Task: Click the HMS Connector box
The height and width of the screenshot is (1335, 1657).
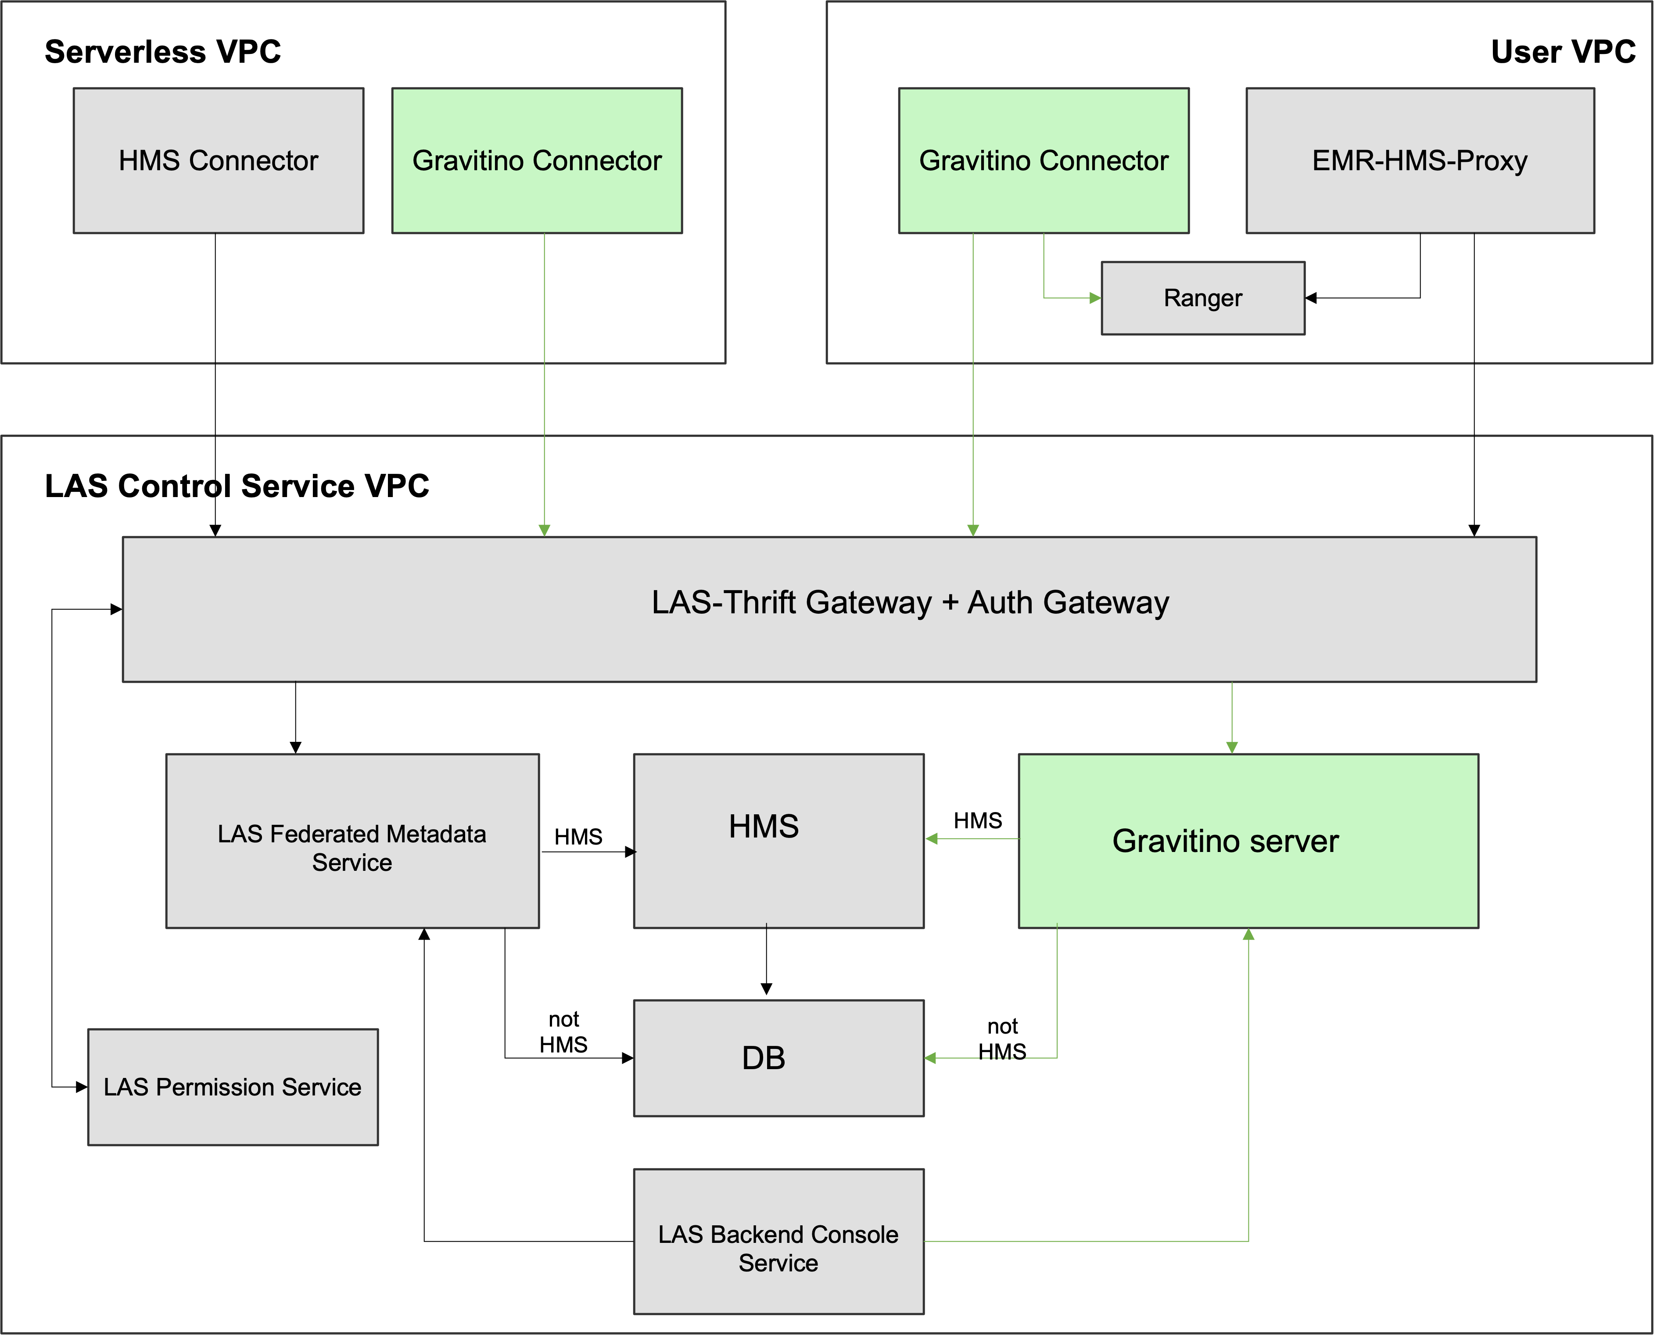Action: click(219, 160)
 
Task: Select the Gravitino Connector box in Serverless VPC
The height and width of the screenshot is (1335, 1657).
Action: click(537, 160)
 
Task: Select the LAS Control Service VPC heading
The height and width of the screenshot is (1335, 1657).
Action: click(237, 486)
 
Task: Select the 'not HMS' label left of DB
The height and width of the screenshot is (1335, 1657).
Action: click(563, 1032)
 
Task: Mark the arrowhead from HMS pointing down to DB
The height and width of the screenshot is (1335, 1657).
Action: click(766, 989)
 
